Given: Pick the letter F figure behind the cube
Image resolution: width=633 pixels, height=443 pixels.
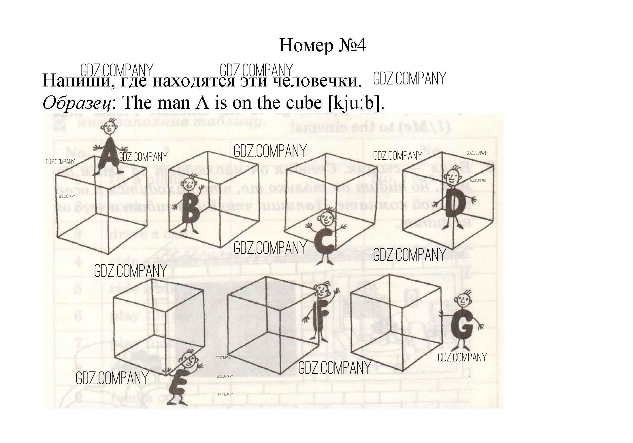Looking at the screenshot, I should tap(319, 316).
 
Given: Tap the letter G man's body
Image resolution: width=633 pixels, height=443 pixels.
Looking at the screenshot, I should tap(462, 325).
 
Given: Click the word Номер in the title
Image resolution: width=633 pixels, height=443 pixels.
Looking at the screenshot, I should tap(306, 45).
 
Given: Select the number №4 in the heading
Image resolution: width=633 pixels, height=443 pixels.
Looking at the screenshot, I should tap(352, 45).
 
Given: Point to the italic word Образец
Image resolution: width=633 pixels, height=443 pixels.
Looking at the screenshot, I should tap(77, 103).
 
